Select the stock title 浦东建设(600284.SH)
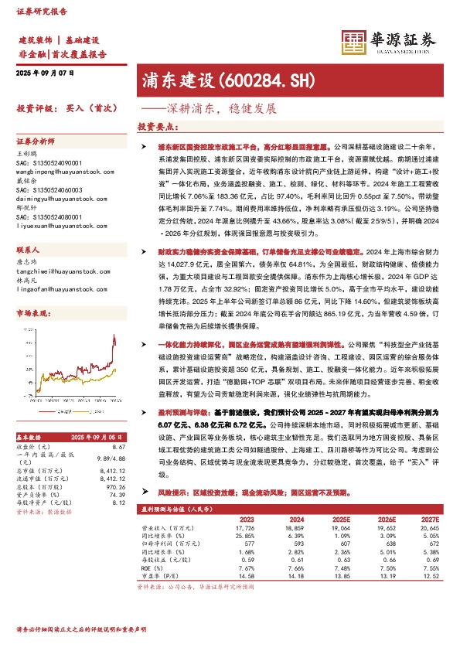tap(216, 80)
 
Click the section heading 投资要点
tap(158, 126)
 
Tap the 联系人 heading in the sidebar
tap(30, 251)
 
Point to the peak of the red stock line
tap(114, 338)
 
